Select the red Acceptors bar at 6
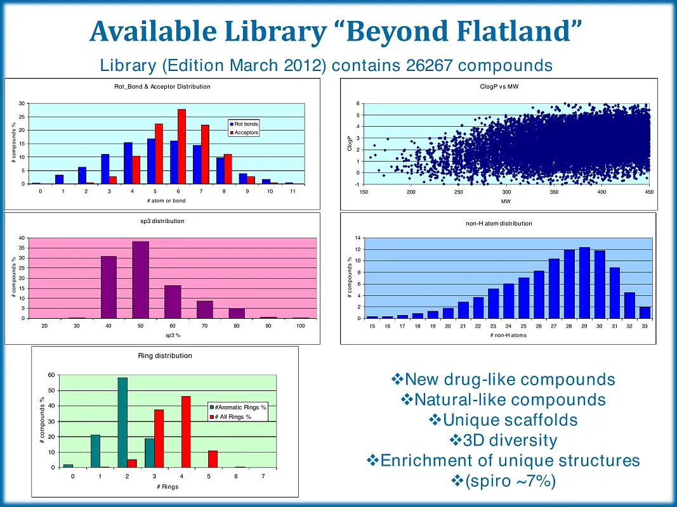pos(181,146)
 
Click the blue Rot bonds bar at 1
pos(59,179)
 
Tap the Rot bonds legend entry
pos(246,124)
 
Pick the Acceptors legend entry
pos(246,132)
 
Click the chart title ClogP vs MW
pos(499,86)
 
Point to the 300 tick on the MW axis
pos(506,192)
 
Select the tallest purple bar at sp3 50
pos(141,279)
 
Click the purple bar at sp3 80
pos(237,313)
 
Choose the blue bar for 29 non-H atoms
pos(584,283)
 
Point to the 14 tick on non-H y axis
pos(358,238)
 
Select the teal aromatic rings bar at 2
pos(122,422)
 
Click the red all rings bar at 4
pos(186,432)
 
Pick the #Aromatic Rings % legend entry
pos(239,407)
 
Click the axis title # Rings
pos(168,487)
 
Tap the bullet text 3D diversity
pos(503,440)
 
